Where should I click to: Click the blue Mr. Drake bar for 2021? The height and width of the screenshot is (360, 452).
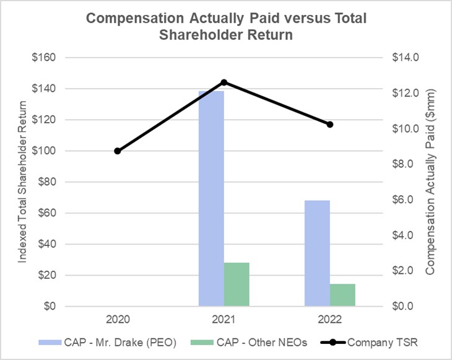point(211,198)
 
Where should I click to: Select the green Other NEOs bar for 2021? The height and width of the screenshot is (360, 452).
point(237,284)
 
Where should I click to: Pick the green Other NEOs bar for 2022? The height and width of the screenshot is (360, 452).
point(342,295)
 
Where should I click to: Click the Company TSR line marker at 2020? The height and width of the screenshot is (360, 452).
point(118,151)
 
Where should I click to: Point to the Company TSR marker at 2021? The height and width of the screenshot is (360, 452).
point(224,82)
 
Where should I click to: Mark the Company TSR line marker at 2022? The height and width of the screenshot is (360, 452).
point(330,125)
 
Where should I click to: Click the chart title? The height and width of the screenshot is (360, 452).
point(226,27)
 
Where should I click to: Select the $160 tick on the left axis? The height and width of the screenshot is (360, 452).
point(44,58)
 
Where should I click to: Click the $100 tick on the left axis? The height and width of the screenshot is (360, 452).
point(44,151)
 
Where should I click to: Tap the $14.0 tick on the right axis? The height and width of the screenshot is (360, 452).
point(406,58)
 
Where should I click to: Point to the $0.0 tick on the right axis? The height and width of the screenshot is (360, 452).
point(406,306)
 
